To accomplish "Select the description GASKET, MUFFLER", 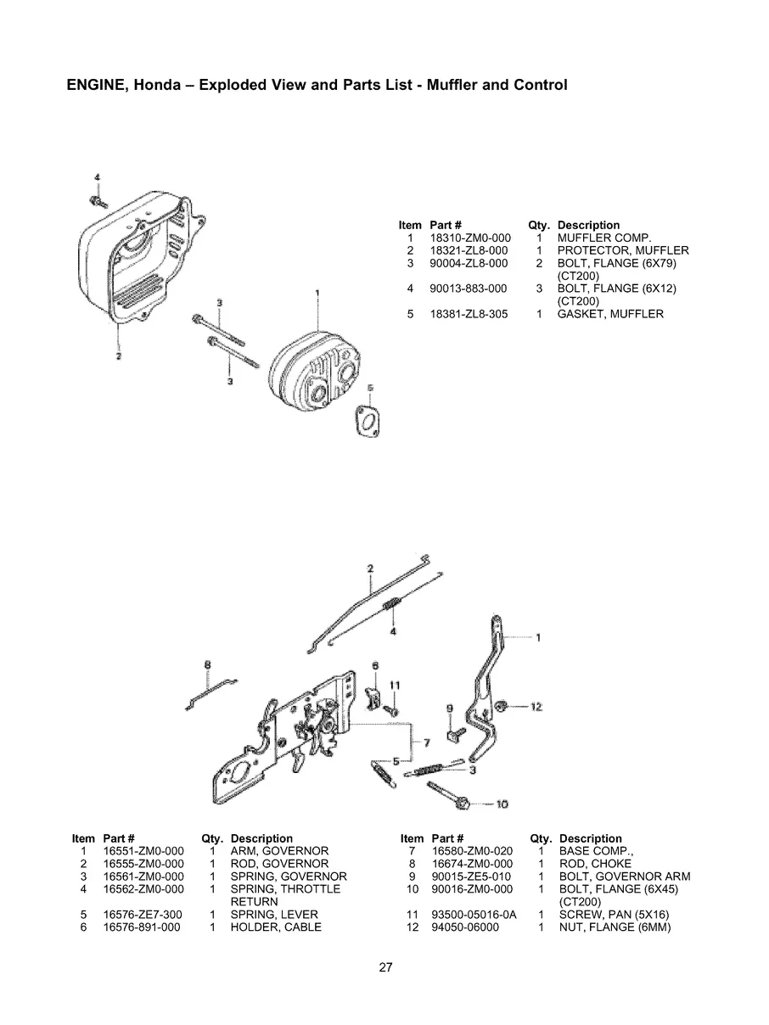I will point(609,314).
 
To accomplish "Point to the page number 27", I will point(385,966).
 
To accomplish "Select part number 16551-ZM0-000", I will point(143,851).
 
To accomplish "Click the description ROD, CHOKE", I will point(595,864).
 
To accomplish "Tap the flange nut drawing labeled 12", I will point(501,706).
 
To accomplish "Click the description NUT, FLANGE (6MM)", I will point(615,927).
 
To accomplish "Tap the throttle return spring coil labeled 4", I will point(393,606).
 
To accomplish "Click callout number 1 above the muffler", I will point(317,293).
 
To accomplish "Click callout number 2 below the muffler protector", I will point(118,356).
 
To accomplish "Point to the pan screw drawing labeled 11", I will point(392,707).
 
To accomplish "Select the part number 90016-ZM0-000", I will point(472,889).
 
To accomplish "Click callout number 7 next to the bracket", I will point(426,742).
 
